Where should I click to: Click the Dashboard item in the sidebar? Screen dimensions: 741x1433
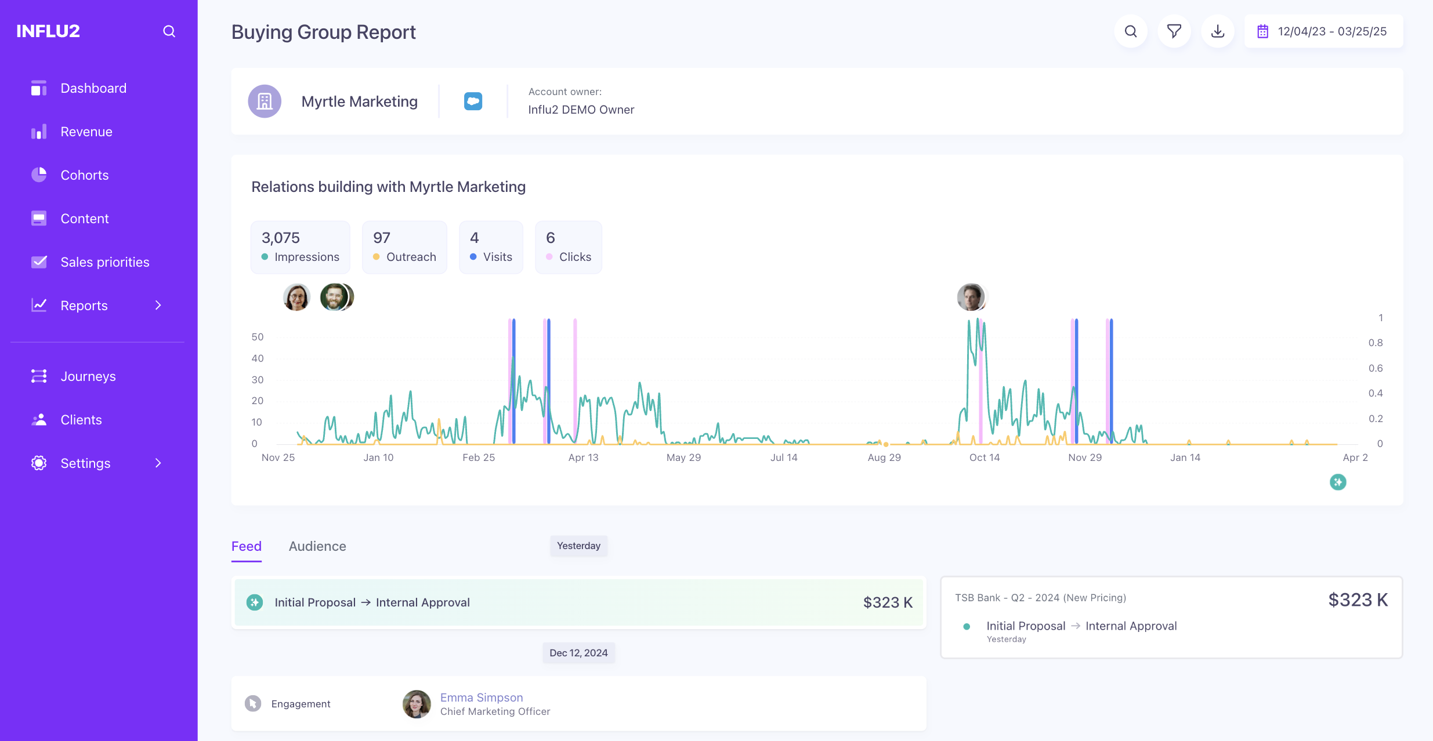(93, 88)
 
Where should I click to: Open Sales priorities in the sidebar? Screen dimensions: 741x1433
(104, 262)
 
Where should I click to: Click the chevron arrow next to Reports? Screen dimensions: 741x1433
(158, 306)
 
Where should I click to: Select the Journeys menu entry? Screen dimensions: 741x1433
(88, 376)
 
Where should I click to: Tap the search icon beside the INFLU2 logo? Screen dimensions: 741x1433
(169, 31)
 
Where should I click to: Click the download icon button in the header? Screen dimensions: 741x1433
(1218, 31)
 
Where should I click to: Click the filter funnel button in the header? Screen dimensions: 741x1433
(1174, 31)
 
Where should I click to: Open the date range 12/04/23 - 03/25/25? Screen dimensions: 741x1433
(1323, 31)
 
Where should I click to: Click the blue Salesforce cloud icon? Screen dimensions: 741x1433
(473, 101)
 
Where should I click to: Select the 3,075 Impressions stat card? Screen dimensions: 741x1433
(301, 247)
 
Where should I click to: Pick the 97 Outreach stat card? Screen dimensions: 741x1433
(404, 247)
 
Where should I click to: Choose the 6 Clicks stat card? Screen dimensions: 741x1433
(568, 247)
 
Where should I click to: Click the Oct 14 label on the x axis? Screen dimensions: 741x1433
(984, 457)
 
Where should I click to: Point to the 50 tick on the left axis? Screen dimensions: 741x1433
(257, 337)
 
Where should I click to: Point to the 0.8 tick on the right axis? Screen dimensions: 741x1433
(1375, 343)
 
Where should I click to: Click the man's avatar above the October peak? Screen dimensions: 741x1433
(971, 297)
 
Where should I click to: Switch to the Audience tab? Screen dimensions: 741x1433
(317, 546)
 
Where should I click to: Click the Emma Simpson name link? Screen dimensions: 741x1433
(481, 698)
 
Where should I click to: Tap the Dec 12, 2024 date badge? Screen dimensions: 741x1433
(578, 653)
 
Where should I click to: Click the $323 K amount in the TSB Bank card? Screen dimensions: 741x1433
(1358, 600)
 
